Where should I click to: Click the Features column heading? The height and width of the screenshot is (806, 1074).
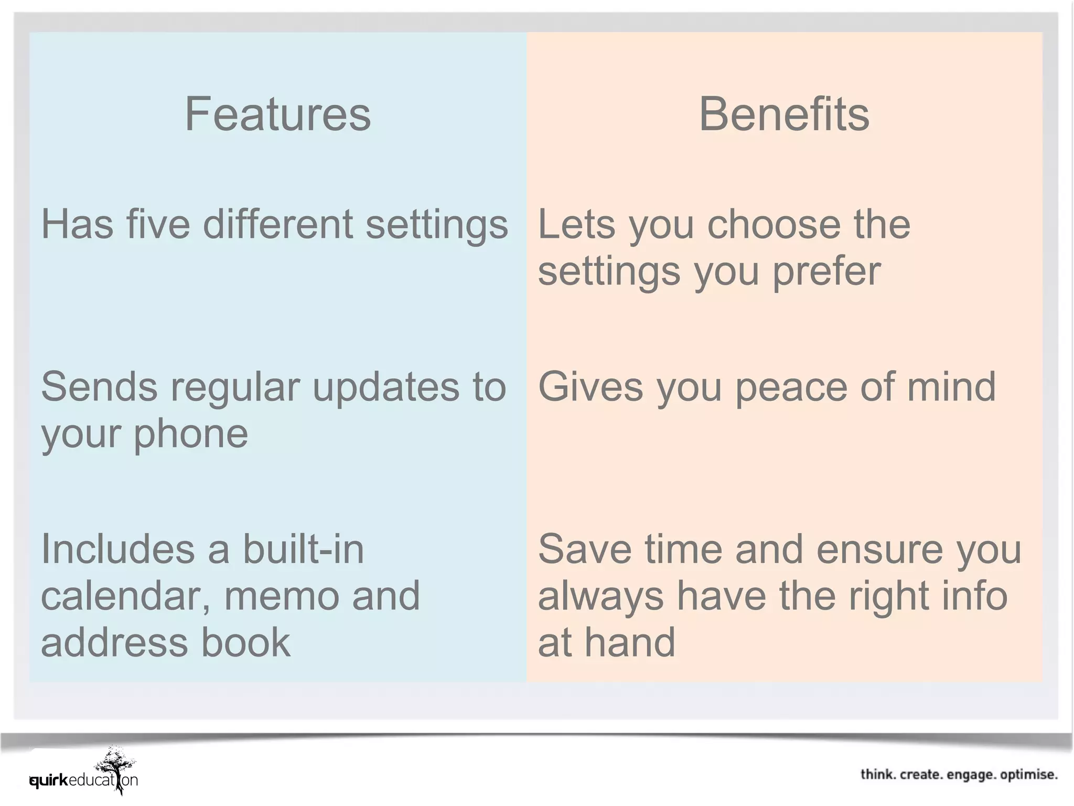[277, 114]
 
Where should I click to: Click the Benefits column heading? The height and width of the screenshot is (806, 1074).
[784, 114]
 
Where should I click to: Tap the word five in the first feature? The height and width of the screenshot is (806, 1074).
[158, 224]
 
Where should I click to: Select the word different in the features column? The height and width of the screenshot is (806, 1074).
[278, 224]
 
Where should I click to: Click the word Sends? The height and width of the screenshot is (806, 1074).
[99, 387]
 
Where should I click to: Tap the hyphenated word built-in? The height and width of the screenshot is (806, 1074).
[303, 549]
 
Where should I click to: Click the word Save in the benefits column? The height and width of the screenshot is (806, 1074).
[585, 549]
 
